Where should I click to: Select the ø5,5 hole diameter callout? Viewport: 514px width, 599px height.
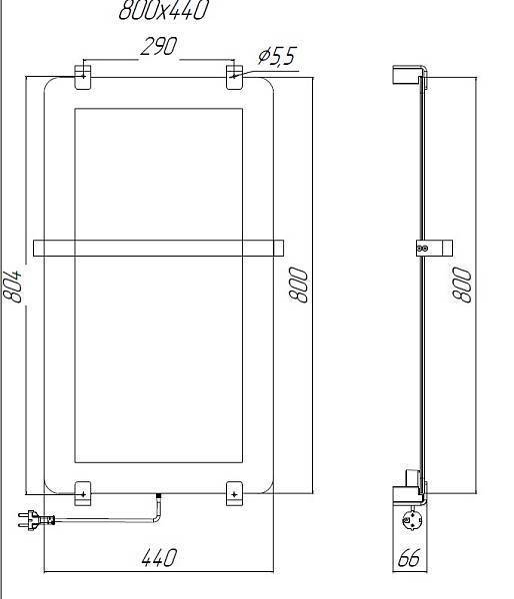[276, 57]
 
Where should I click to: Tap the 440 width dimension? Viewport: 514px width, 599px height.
[159, 556]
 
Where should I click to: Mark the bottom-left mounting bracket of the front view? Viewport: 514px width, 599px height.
[83, 492]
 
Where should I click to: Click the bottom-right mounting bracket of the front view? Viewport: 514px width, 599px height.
[234, 492]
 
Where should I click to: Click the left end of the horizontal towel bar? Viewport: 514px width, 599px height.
[40, 247]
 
